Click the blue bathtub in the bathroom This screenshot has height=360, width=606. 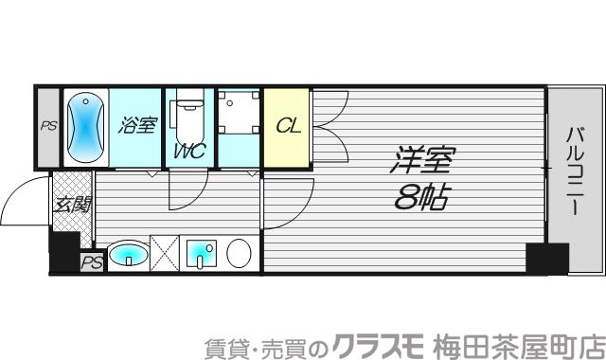84,128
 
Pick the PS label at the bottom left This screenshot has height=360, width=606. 91,261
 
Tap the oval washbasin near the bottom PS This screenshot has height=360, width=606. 127,255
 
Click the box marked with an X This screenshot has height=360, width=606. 165,255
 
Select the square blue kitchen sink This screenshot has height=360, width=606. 202,255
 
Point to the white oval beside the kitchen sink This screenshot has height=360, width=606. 239,255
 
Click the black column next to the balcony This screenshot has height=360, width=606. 547,258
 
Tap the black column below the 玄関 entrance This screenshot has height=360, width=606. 64,250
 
